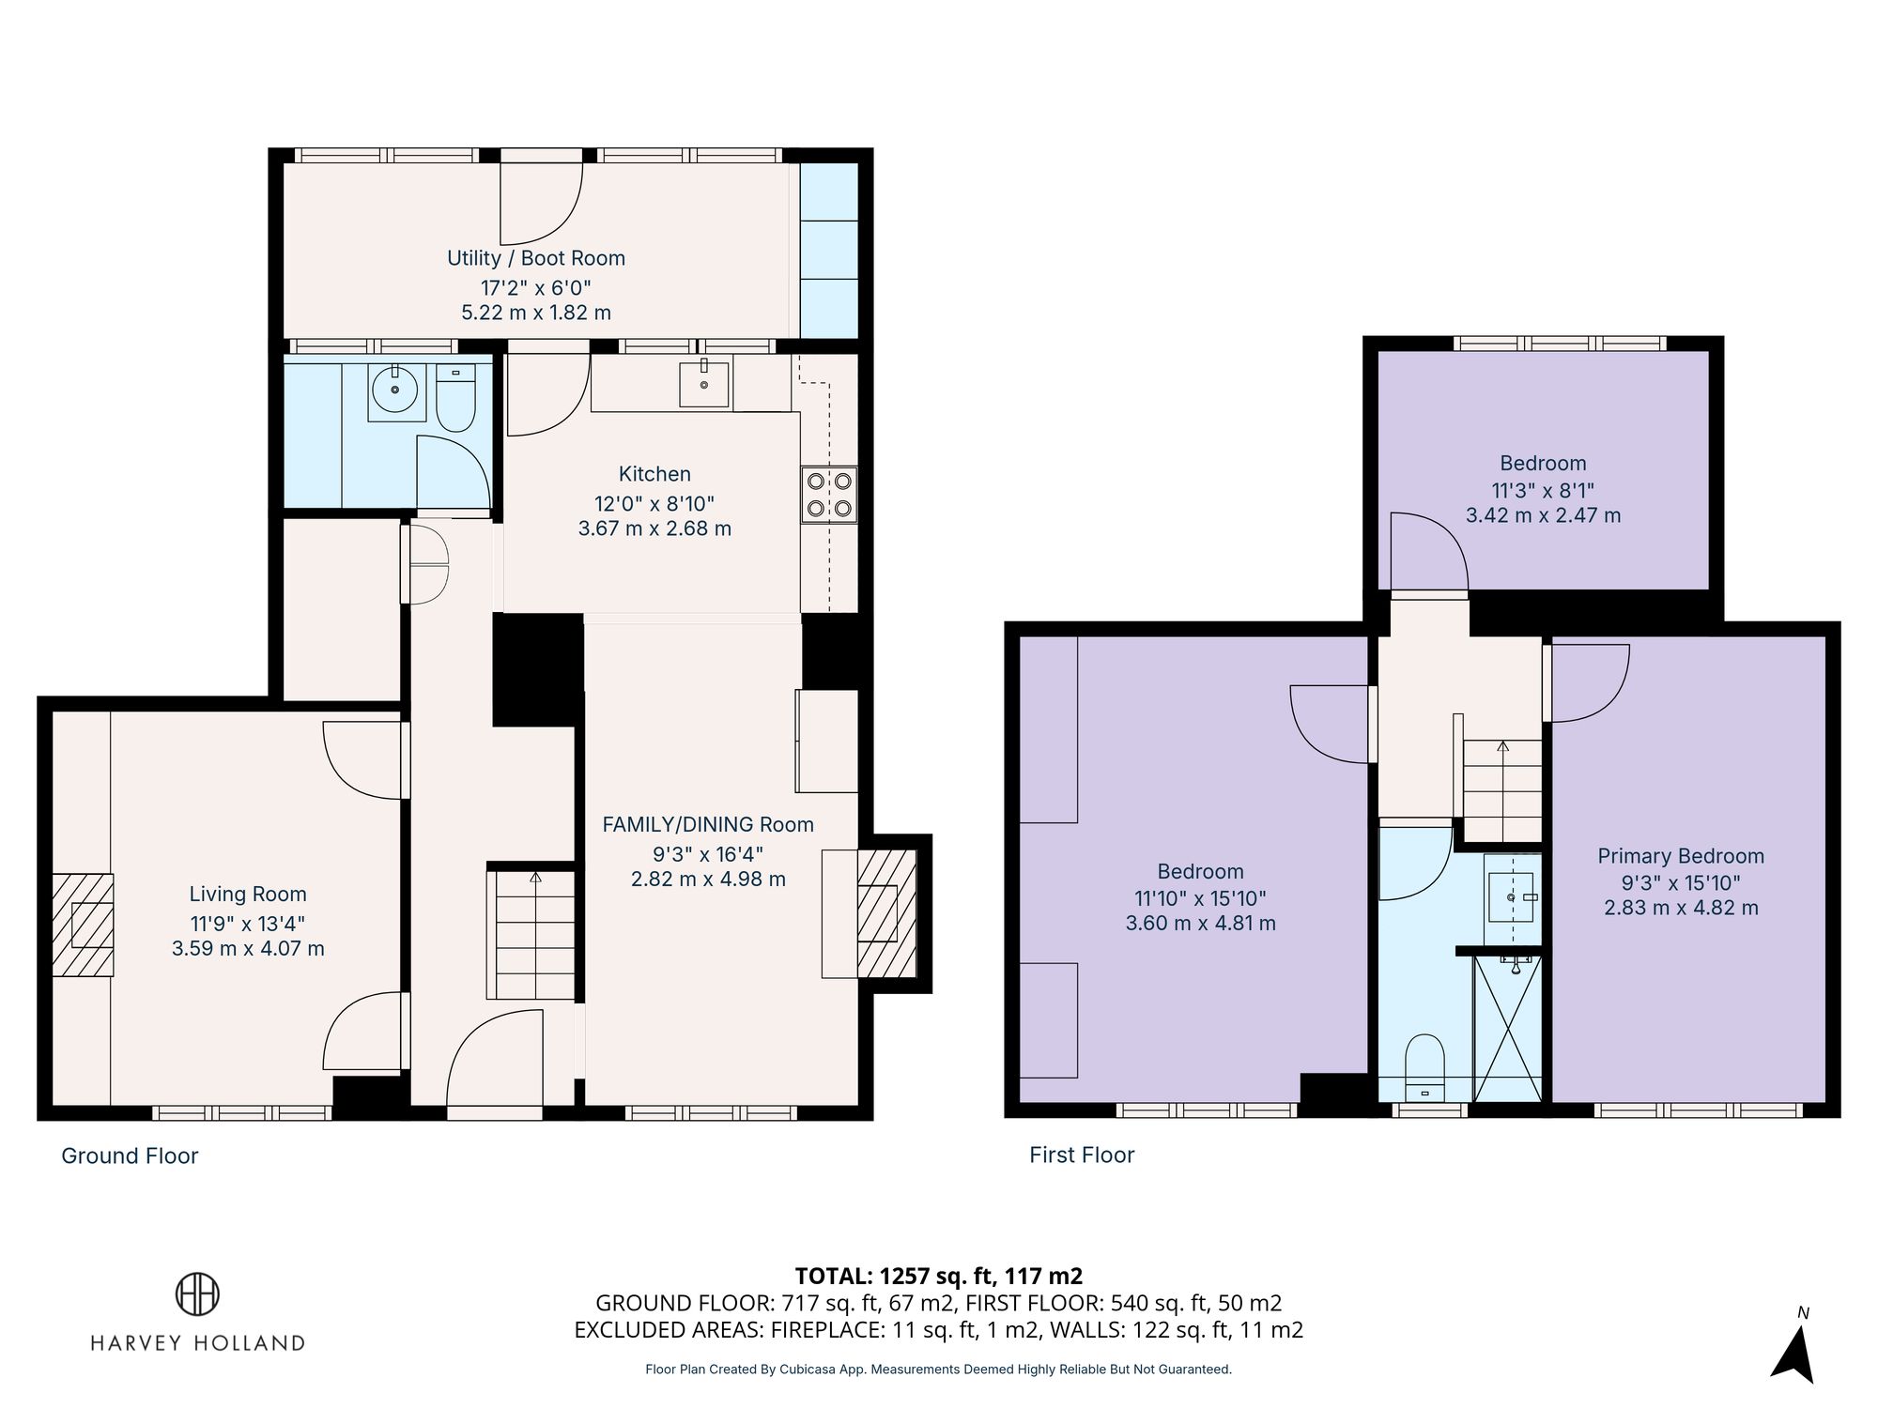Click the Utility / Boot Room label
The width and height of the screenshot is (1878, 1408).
point(535,258)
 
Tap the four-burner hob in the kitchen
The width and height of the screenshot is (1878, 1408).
point(829,495)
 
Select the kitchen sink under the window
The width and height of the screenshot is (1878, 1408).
point(703,383)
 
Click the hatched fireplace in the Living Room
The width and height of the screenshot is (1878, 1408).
point(83,925)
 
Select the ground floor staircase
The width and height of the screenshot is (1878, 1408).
point(531,934)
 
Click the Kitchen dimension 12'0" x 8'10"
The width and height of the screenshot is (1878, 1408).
point(654,502)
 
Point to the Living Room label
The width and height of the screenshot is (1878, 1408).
point(248,895)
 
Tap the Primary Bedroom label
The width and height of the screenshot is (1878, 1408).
point(1681,856)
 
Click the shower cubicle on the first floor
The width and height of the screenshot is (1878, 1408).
point(1508,1029)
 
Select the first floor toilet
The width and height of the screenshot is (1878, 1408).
point(1424,1065)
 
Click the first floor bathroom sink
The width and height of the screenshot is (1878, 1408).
point(1511,897)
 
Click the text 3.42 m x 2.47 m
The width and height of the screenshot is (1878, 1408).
point(1543,515)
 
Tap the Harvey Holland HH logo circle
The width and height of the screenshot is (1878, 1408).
point(197,1293)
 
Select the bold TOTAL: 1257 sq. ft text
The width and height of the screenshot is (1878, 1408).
point(938,1276)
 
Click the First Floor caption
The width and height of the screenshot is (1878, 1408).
point(1082,1155)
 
